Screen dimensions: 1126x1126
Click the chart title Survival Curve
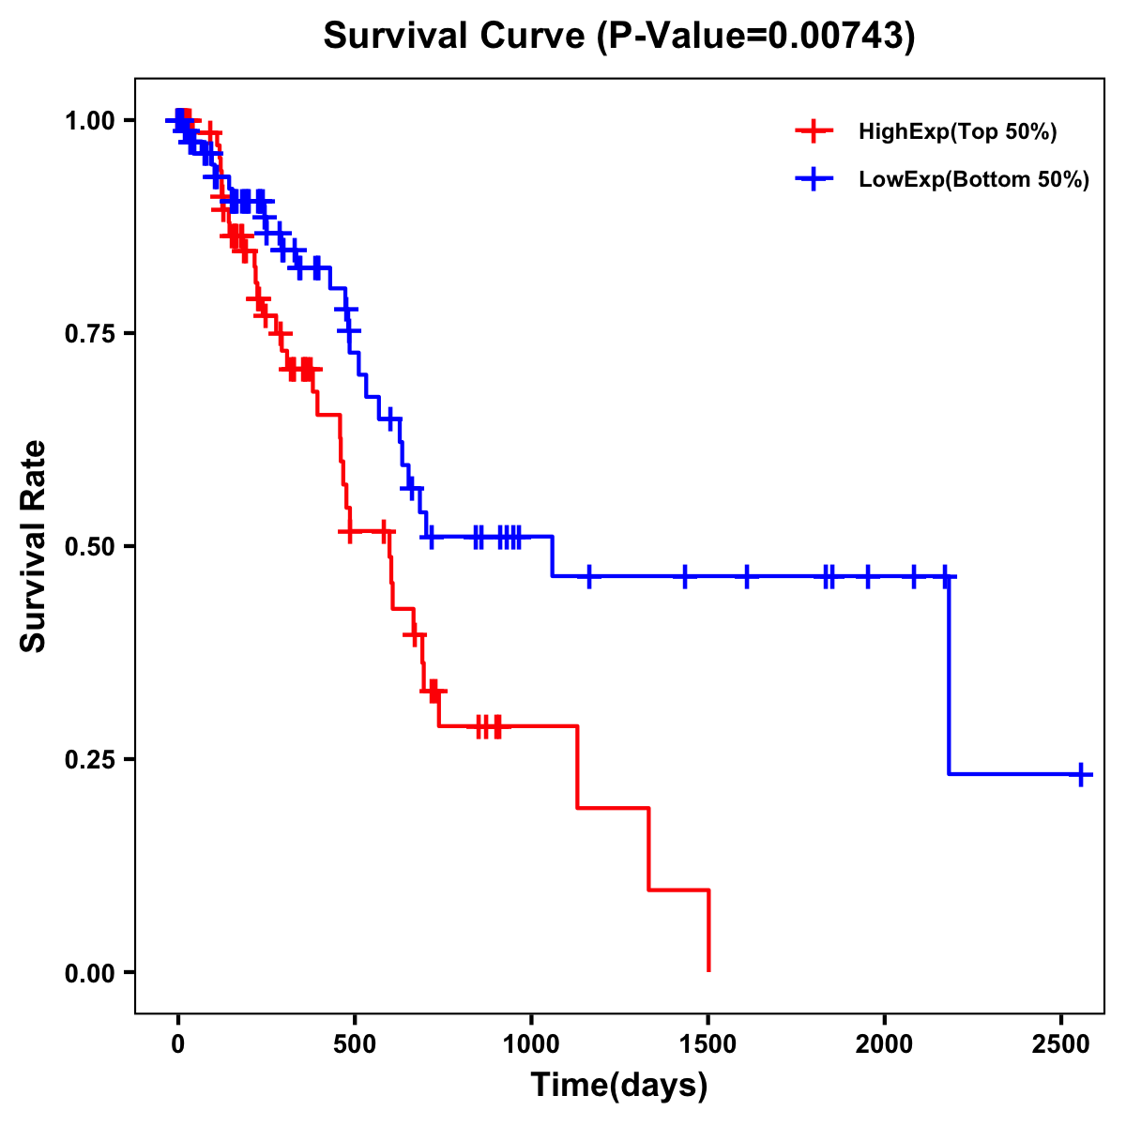[455, 36]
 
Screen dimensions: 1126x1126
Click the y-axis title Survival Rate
[34, 545]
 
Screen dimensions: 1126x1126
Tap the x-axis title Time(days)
[619, 1086]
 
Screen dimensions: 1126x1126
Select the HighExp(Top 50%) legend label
[957, 132]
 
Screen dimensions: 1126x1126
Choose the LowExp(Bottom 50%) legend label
[974, 180]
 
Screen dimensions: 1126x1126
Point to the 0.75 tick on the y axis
[88, 333]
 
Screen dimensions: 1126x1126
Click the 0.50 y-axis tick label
[88, 546]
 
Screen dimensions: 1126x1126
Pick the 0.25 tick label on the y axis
[88, 759]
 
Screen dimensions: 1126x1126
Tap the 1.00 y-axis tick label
[88, 120]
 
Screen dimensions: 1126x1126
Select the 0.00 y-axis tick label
[88, 972]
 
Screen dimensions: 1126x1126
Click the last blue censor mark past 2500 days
[1081, 774]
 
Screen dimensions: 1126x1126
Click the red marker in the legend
[814, 132]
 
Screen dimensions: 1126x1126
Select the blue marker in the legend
[814, 180]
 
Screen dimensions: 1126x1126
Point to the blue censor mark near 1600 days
[747, 576]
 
